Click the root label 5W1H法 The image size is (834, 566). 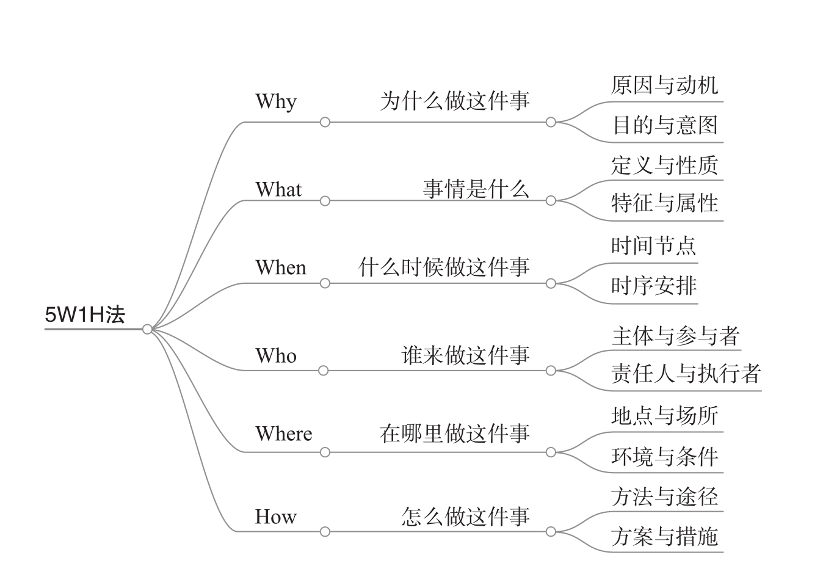tap(85, 314)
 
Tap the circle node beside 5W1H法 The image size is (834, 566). tap(147, 329)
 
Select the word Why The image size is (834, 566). tap(276, 101)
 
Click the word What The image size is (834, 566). tap(278, 189)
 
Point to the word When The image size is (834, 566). tap(281, 267)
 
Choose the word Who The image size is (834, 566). tap(276, 355)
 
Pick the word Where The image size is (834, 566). tap(284, 434)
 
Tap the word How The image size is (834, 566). tap(275, 517)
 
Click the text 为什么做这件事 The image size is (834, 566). tap(455, 101)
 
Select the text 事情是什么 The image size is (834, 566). tap(476, 189)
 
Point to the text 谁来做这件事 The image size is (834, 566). tap(465, 355)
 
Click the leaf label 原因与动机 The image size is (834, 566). tap(665, 85)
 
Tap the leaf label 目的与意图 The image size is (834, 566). tap(665, 125)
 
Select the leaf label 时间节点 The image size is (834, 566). tap(654, 245)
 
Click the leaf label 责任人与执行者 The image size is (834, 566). tap(686, 374)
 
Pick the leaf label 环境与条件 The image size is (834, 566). tap(665, 457)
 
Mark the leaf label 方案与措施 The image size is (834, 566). tap(665, 536)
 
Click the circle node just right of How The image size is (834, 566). tap(325, 532)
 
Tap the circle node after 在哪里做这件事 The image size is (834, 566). tap(551, 452)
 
